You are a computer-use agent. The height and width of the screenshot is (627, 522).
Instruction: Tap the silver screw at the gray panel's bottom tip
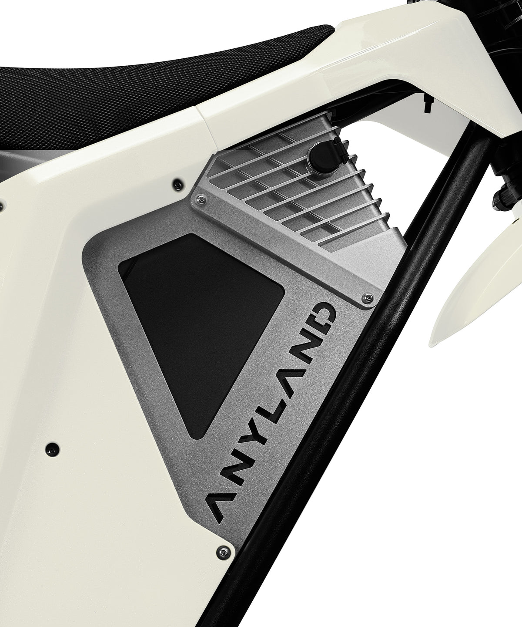coord(223,552)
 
